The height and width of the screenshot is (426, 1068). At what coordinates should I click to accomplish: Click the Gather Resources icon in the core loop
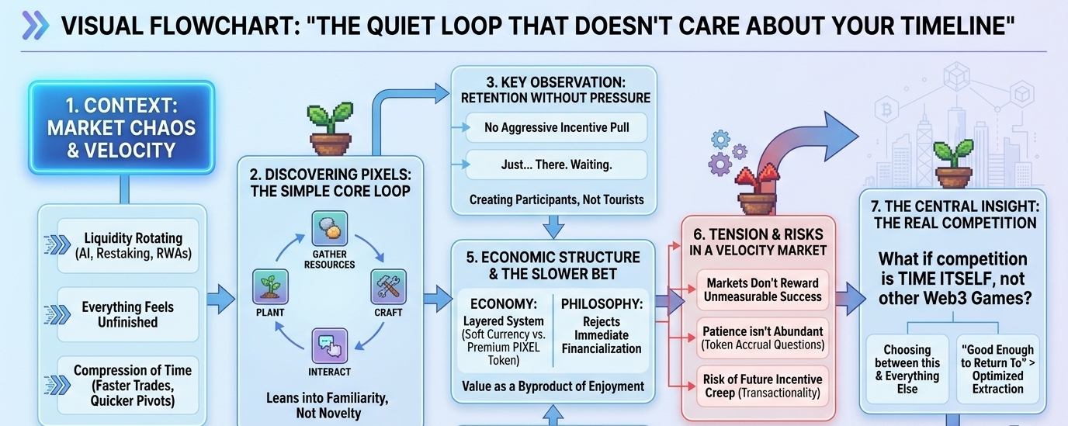(329, 229)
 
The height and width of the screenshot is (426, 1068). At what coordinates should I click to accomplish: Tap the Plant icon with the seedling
(270, 286)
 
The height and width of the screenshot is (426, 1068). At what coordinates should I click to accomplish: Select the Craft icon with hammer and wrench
(389, 286)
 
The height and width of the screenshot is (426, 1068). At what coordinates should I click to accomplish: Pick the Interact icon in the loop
(329, 346)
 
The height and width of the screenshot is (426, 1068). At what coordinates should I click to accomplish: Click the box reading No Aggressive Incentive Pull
(557, 128)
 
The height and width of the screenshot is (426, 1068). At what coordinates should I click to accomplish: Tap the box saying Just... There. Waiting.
(557, 165)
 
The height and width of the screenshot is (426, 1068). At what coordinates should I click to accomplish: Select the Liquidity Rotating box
(128, 246)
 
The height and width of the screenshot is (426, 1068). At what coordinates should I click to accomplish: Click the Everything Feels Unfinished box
(128, 314)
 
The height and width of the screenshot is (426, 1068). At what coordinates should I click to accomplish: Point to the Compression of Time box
(128, 385)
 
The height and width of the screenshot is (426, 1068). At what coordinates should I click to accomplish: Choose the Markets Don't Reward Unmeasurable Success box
(762, 289)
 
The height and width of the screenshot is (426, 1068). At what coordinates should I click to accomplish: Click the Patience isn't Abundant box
(762, 338)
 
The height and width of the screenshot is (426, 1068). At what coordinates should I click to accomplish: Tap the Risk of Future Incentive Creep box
(762, 386)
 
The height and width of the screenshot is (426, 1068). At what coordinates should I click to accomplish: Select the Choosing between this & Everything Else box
(907, 369)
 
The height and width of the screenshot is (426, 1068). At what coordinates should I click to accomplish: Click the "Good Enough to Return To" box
(998, 369)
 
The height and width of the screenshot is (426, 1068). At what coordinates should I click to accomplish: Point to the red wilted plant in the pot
(757, 189)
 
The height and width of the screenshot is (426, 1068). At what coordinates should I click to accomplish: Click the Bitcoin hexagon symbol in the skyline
(887, 110)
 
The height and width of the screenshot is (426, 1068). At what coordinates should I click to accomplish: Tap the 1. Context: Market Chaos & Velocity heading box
(122, 128)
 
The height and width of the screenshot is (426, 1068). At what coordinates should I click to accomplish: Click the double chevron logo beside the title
(35, 25)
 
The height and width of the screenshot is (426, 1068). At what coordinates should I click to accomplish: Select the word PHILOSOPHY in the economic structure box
(602, 304)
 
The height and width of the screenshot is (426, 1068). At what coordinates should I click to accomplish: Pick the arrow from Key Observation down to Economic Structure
(553, 227)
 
